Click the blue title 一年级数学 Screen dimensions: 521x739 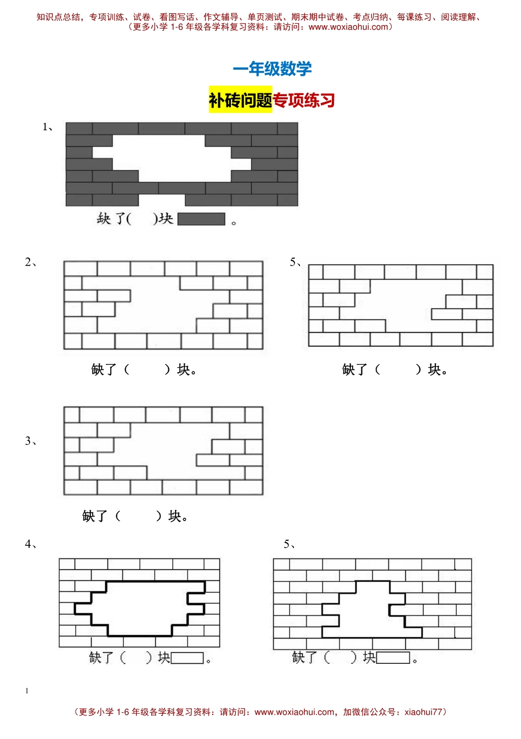tap(272, 69)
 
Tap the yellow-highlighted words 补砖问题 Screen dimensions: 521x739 tap(240, 99)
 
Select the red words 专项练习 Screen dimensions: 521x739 tap(303, 100)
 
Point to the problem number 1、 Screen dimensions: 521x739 tap(48, 127)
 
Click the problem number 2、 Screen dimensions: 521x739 tap(31, 262)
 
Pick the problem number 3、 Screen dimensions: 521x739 tap(31, 441)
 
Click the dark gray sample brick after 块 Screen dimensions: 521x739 tap(201, 219)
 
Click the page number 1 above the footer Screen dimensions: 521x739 tap(27, 691)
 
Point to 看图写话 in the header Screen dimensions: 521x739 tap(177, 17)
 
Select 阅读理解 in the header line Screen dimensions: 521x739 tap(458, 17)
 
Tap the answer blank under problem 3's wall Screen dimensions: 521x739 tap(138, 516)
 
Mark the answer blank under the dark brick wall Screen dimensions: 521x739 tap(142, 219)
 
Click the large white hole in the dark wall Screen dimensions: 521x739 tap(171, 158)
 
